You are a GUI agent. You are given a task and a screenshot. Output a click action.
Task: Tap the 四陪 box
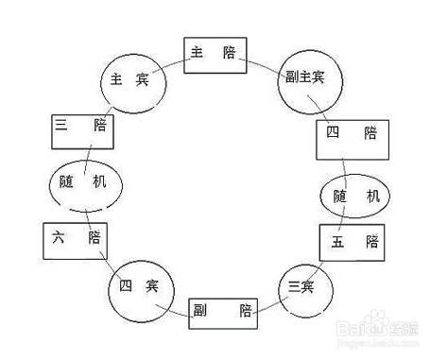351,136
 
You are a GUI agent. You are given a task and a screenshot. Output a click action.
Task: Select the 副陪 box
223,308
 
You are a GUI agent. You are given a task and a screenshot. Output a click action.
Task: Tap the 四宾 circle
138,287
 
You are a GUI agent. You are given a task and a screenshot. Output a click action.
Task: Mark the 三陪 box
83,129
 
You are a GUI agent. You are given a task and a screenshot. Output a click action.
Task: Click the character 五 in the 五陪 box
337,242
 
